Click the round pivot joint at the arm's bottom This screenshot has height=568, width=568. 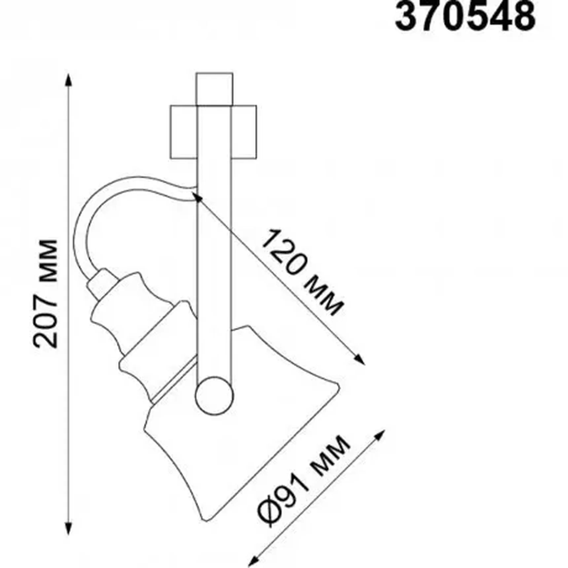coord(214,396)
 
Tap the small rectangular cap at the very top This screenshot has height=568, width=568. coord(214,89)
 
